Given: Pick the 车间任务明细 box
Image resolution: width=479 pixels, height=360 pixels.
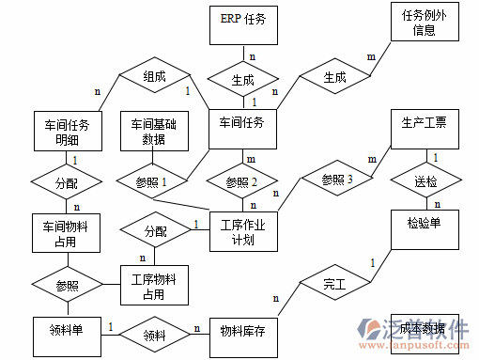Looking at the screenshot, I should pos(67,132).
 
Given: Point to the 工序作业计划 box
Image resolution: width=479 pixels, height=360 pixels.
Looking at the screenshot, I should pos(242,231).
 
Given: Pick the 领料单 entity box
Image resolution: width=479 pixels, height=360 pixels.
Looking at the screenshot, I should pos(67,333).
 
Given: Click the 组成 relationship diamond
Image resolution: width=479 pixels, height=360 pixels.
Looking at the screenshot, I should pos(155,77).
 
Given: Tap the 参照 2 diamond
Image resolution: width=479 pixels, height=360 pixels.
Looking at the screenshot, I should pos(242,180).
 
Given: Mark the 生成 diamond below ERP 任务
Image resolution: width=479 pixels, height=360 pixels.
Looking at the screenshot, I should pos(242,79).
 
